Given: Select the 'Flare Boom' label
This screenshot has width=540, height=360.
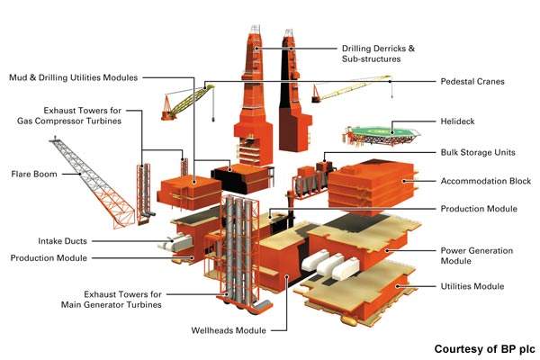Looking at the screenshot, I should click(x=35, y=173).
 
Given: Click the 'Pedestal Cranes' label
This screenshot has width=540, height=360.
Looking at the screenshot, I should click(x=472, y=82).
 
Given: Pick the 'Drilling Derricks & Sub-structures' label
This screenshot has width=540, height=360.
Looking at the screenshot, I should click(x=395, y=54).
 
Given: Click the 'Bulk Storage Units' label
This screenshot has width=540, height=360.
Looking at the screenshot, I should click(x=478, y=153).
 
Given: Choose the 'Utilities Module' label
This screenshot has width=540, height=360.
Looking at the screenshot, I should click(x=472, y=286).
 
